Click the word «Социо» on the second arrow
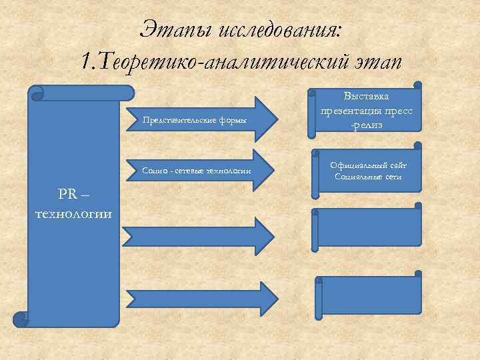tap(155, 171)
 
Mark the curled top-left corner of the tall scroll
tap(37, 93)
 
